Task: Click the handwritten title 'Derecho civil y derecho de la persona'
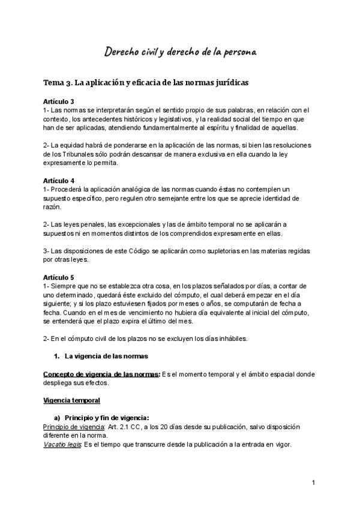(x=181, y=53)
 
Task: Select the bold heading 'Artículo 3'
(x=59, y=102)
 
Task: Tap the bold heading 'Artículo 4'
(x=59, y=180)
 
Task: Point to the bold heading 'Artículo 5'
(x=59, y=277)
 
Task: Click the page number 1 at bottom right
(x=313, y=483)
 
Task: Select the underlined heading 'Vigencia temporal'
(x=71, y=400)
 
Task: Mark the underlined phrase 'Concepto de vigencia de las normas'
(x=101, y=374)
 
